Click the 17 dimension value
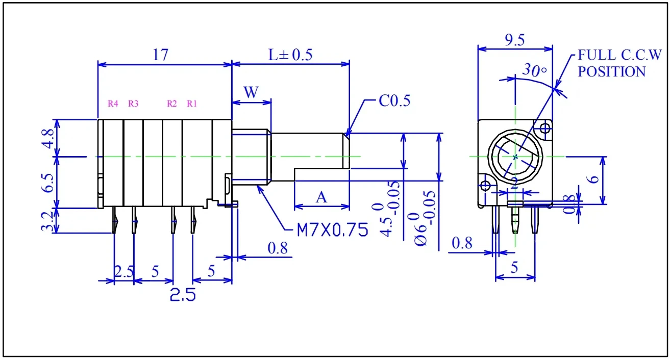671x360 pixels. (161, 55)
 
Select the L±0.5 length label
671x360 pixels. (290, 55)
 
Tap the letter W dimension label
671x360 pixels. (251, 92)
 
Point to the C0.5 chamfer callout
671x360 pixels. (394, 101)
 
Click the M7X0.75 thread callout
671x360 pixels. (332, 230)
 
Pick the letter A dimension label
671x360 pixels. (321, 197)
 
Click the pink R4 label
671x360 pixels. (113, 104)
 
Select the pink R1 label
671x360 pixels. (192, 104)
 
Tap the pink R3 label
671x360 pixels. (133, 104)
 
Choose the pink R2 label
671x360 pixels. (171, 104)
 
